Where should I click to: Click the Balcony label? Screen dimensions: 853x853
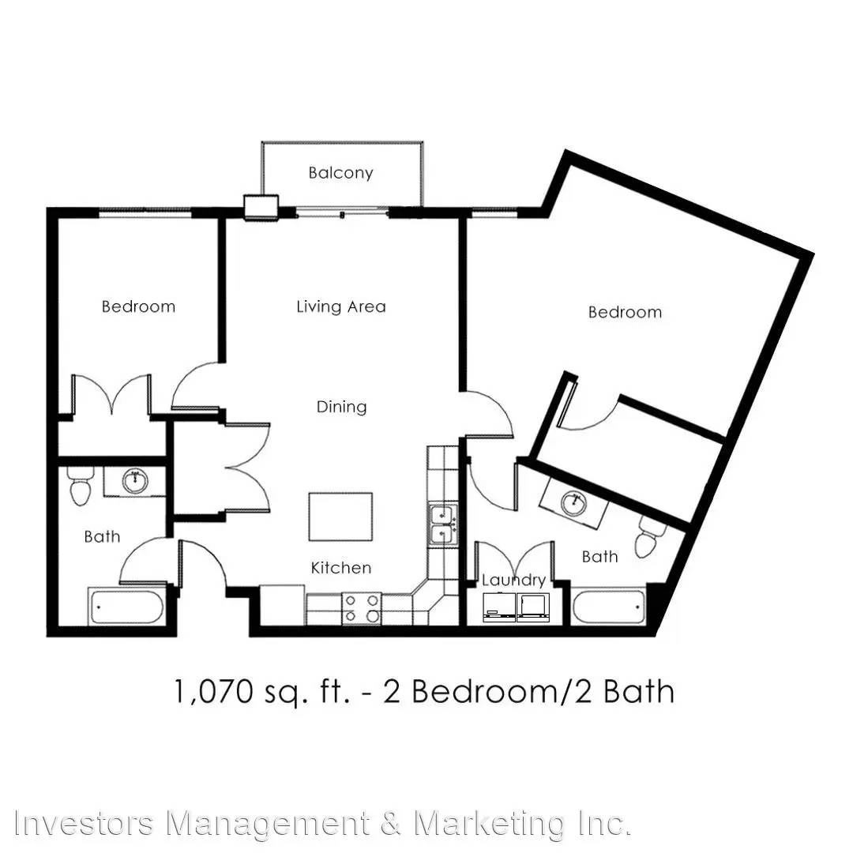[x=340, y=173]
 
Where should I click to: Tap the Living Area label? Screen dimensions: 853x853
[x=341, y=306]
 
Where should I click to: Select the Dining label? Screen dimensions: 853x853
[x=342, y=407]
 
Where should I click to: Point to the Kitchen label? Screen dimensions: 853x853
[x=341, y=568]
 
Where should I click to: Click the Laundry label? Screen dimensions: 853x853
[x=513, y=581]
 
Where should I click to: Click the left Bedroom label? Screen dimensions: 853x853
[x=139, y=306]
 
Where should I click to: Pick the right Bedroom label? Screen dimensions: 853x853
[x=625, y=312]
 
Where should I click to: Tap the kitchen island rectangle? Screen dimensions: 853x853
[x=340, y=517]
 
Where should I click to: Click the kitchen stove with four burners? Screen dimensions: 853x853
[x=362, y=608]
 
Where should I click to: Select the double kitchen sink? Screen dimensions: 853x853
[x=444, y=525]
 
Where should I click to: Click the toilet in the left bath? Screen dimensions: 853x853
[x=81, y=486]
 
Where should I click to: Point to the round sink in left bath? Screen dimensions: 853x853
[x=135, y=482]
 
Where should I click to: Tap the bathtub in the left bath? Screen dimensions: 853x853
[x=126, y=607]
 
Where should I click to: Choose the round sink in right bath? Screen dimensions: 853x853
[x=574, y=502]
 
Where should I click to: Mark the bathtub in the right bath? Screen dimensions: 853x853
[x=609, y=607]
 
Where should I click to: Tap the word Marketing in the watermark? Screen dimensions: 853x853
[x=490, y=823]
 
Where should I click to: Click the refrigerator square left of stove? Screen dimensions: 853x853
[x=282, y=605]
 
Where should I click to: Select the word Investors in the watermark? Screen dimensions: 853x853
[x=85, y=823]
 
